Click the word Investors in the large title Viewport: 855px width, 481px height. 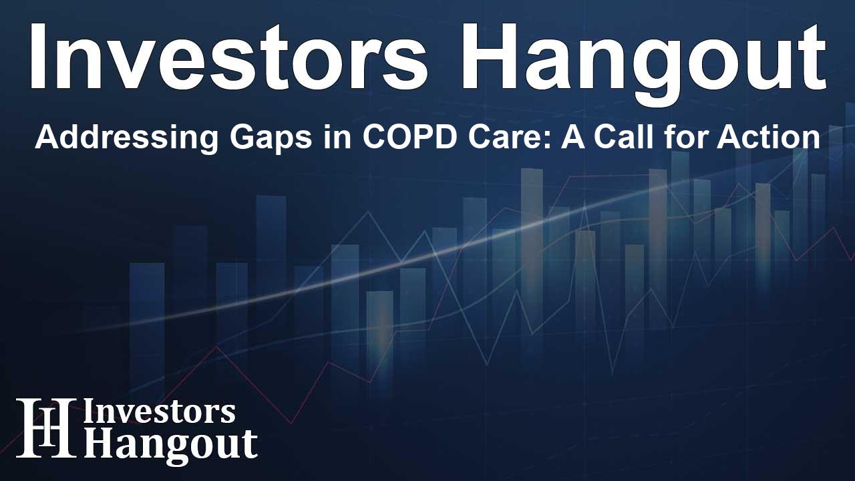(x=228, y=57)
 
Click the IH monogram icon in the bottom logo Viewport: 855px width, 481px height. (x=45, y=428)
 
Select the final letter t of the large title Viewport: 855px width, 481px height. (x=811, y=60)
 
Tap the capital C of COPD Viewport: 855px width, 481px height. (x=373, y=138)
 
